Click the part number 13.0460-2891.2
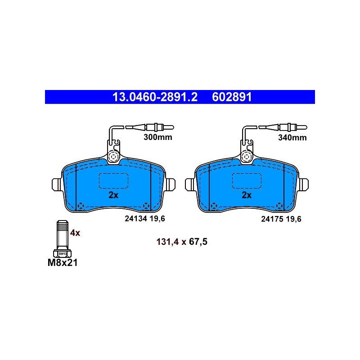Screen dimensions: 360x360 pos(155,97)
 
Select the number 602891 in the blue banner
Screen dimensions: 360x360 pos(232,97)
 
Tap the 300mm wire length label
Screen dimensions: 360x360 pos(158,137)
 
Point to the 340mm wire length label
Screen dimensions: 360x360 pos(292,138)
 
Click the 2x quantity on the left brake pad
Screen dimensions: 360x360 pos(113,195)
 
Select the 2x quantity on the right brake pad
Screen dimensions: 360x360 pos(247,195)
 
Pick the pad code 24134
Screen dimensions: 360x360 pos(136,219)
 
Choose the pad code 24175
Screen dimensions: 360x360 pos(272,219)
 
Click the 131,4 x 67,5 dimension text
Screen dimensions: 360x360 pos(182,242)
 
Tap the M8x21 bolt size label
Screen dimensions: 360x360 pos(63,263)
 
